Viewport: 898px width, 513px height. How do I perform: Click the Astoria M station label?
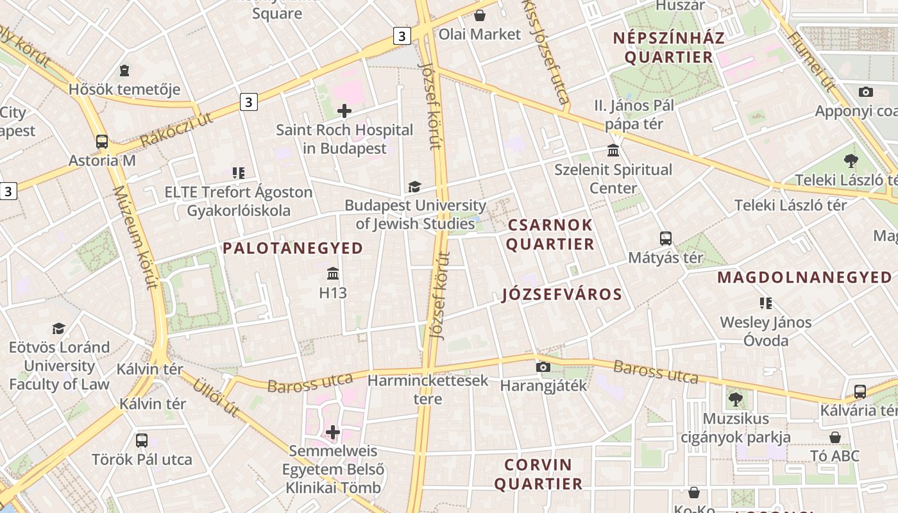[103, 160]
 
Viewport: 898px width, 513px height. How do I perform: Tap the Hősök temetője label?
[124, 89]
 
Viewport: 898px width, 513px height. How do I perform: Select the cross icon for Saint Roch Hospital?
[344, 111]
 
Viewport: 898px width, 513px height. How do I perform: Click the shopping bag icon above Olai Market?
[480, 15]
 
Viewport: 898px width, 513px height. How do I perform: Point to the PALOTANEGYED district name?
[293, 248]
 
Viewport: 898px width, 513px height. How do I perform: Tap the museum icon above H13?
[333, 274]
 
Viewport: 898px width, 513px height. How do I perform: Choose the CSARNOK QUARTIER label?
[551, 235]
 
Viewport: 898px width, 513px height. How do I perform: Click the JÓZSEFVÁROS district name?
[562, 294]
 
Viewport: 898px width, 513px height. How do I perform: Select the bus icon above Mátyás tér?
[666, 239]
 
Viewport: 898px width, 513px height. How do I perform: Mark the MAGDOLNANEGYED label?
[804, 278]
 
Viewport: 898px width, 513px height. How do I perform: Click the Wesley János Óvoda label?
[766, 331]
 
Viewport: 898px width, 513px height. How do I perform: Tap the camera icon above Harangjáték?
[543, 367]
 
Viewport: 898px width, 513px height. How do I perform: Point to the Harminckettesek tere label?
[428, 389]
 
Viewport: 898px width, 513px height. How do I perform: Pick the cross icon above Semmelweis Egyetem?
[333, 432]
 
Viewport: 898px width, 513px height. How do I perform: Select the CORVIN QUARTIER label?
[538, 474]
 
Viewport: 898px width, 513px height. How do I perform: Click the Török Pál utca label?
[142, 460]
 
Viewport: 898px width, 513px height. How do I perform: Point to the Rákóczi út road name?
[176, 130]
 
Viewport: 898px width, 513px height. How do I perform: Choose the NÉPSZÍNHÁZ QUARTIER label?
[668, 47]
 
